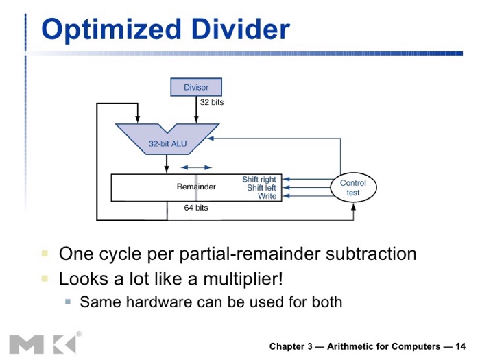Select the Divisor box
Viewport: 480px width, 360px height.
196,87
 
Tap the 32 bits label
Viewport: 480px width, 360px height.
212,102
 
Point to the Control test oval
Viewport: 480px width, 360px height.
353,188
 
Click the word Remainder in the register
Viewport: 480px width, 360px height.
196,187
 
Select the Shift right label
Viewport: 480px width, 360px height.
259,180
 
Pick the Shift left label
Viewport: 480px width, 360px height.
261,188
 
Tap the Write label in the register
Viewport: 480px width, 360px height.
267,196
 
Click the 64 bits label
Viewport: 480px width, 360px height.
196,208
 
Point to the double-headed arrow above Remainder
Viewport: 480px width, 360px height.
196,167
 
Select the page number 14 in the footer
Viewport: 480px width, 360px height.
460,346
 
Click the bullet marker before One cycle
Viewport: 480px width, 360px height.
45,254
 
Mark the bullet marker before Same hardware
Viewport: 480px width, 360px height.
68,301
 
